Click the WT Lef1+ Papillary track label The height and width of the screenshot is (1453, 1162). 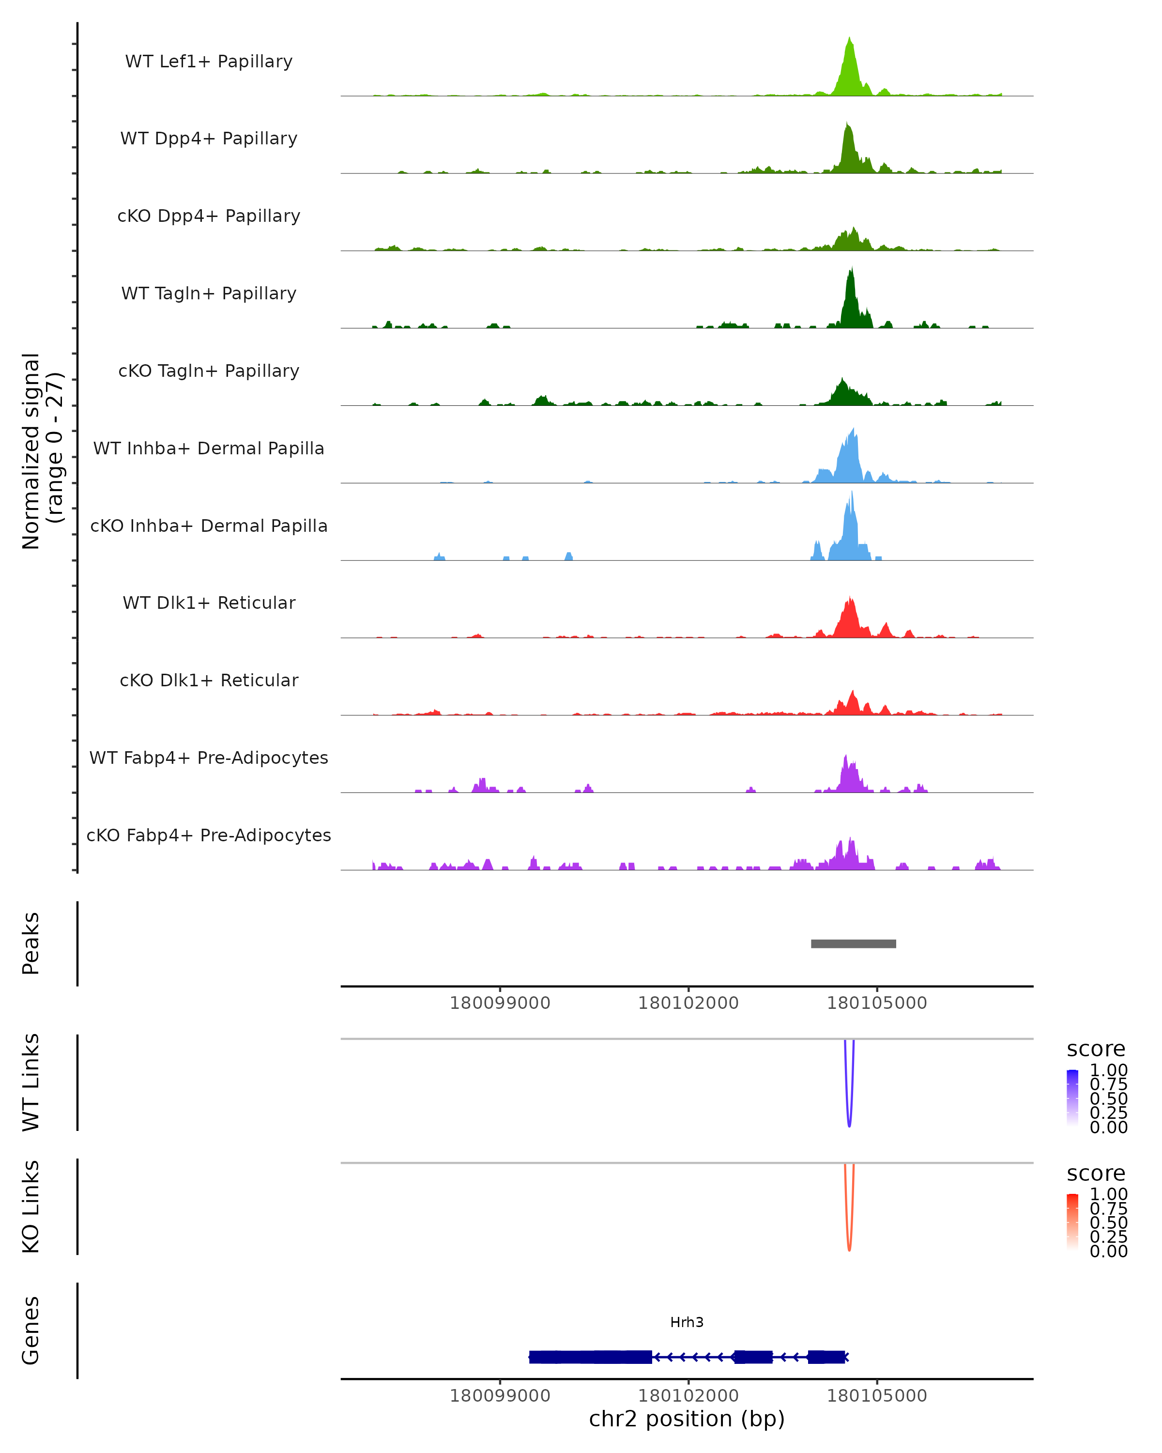pyautogui.click(x=209, y=62)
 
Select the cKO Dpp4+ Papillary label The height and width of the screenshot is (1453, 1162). pyautogui.click(x=209, y=216)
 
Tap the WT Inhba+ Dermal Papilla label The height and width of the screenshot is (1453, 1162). pyautogui.click(x=209, y=449)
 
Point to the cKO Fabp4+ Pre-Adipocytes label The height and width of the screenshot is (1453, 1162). pyautogui.click(x=209, y=835)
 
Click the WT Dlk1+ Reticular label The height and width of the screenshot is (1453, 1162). pyautogui.click(x=209, y=603)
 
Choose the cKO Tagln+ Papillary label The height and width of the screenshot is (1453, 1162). pyautogui.click(x=209, y=371)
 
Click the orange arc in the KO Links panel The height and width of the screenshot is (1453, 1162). pyautogui.click(x=849, y=1248)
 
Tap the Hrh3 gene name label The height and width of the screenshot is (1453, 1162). pyautogui.click(x=687, y=1323)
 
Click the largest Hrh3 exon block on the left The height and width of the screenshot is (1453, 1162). pyautogui.click(x=590, y=1357)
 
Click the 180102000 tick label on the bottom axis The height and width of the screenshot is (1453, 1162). pyautogui.click(x=688, y=1396)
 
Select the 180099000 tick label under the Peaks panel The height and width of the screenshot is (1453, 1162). pyautogui.click(x=500, y=1004)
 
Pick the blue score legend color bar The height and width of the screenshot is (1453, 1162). pyautogui.click(x=1072, y=1097)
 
